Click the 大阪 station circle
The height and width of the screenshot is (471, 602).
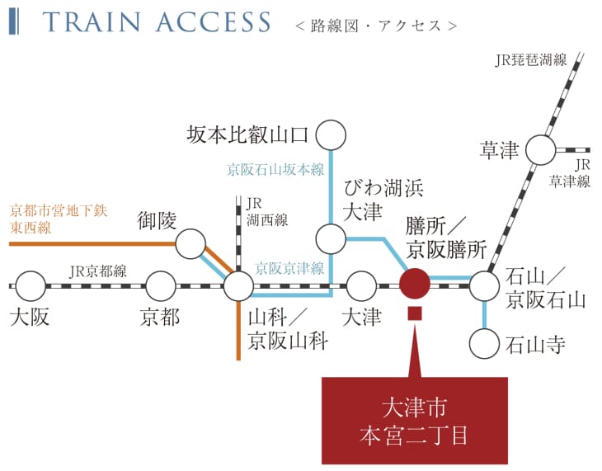[x=31, y=286]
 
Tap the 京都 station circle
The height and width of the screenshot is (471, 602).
[x=161, y=286]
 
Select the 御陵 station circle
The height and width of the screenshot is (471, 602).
[x=190, y=243]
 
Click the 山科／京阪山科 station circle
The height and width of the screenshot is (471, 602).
[x=238, y=286]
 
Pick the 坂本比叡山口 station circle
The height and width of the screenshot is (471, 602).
[x=331, y=134]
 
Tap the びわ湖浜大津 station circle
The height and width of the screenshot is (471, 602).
[x=331, y=238]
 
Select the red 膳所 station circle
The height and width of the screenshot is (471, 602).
[x=414, y=285]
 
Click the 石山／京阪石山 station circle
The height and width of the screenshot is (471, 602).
[x=485, y=286]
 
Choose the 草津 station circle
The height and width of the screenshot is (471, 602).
[x=541, y=150]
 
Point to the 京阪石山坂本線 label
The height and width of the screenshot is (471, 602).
[x=275, y=170]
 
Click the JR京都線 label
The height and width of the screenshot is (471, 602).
[x=98, y=271]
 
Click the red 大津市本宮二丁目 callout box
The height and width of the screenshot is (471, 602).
[x=414, y=420]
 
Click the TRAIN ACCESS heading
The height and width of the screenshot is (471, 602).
[x=157, y=22]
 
